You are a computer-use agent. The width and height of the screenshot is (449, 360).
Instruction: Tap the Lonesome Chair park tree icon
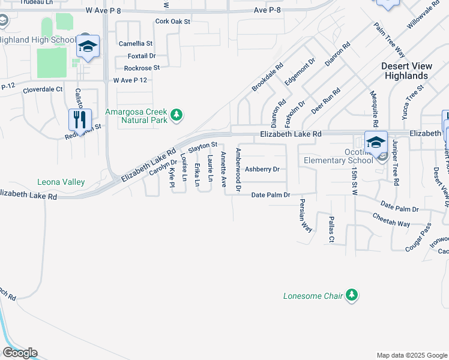352,295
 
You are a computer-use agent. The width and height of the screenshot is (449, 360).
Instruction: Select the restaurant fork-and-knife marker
80,119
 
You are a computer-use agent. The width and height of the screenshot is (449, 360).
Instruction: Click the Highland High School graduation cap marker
88,46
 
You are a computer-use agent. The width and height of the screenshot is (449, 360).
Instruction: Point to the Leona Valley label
61,182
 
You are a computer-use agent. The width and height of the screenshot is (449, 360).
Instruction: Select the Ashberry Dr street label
262,169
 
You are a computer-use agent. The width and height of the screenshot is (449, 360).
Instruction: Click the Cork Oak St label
172,21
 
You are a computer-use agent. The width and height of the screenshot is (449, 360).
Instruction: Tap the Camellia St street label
136,44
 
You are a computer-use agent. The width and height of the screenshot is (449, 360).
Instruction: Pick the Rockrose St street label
142,68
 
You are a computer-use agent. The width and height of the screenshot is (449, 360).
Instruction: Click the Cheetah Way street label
391,220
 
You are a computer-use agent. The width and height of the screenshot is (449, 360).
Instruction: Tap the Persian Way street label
306,215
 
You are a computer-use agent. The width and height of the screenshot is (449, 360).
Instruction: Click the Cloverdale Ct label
43,89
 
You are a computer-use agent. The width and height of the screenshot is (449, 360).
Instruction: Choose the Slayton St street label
202,146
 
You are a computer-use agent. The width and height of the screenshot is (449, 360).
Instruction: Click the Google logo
20,353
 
